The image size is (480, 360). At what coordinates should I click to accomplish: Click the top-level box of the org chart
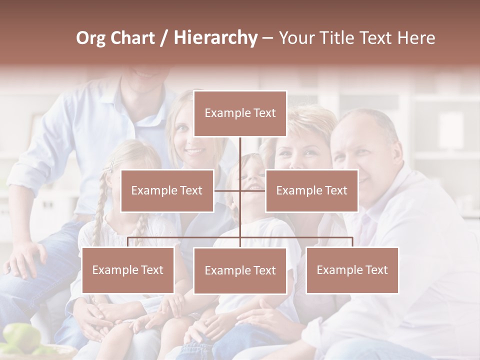tap(240, 113)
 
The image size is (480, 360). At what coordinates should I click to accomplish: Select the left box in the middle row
tap(167, 190)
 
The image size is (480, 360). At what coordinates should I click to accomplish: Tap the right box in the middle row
tap(311, 190)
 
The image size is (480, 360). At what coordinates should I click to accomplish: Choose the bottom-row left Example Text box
tap(128, 270)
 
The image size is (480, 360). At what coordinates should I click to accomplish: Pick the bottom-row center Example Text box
tap(240, 270)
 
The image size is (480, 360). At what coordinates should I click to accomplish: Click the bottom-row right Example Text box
tap(352, 270)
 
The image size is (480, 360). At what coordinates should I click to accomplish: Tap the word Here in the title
tap(416, 38)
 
